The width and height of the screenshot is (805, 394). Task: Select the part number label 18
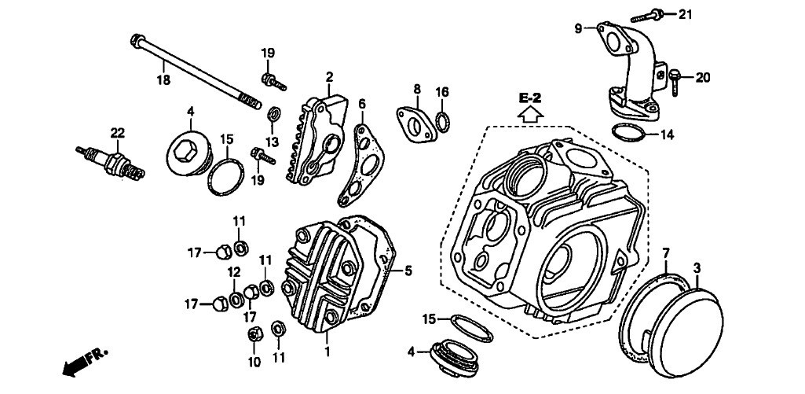[163, 79]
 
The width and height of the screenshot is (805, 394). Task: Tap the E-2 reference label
[531, 98]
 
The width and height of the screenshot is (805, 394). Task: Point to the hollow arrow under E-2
[531, 113]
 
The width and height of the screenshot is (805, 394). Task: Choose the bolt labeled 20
[676, 76]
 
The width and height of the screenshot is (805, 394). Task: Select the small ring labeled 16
[443, 122]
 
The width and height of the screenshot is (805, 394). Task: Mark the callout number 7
[666, 253]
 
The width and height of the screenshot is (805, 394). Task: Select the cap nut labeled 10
[254, 334]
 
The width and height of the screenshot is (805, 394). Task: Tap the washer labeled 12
[236, 300]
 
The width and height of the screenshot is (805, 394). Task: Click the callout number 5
[408, 271]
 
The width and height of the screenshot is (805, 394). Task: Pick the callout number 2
[330, 76]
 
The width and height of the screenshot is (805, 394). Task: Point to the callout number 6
[362, 104]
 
